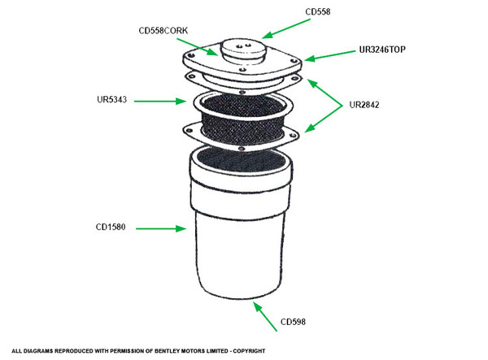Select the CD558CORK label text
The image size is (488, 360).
(164, 31)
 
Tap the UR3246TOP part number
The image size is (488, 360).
(381, 50)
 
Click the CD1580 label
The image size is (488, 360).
(110, 229)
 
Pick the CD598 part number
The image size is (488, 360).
(294, 323)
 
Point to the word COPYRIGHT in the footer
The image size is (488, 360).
(246, 350)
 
